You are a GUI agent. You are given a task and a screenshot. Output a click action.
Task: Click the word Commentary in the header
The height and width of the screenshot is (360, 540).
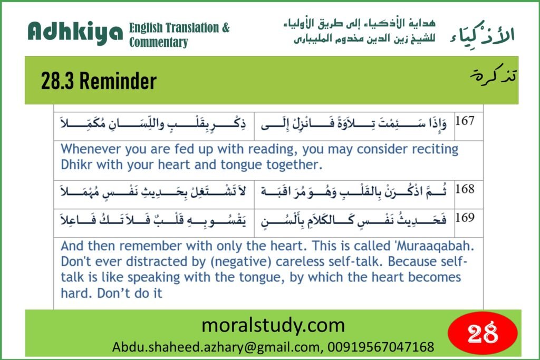pos(158,42)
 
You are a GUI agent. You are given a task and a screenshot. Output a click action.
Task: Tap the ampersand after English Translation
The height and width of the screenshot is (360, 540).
pos(226,27)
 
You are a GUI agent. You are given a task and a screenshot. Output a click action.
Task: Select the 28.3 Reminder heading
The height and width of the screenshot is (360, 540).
pos(99,81)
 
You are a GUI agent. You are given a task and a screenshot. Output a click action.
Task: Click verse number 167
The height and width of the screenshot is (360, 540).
pos(465,121)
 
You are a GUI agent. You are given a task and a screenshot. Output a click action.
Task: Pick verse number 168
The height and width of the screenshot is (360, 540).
pos(465,189)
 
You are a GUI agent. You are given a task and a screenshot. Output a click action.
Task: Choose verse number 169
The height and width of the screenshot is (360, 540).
pos(465,218)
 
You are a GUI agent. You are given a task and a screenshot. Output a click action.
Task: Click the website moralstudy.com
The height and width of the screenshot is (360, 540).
pos(273,325)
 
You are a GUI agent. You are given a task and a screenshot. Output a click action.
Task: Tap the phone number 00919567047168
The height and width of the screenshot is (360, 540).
pos(381,347)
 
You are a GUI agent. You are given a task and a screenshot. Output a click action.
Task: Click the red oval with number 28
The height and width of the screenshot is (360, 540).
pos(483,333)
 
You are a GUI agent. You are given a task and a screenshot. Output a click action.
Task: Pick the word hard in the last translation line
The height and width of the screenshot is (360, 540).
pos(77,293)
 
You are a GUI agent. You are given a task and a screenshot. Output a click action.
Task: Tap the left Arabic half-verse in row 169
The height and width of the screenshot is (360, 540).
pos(153,220)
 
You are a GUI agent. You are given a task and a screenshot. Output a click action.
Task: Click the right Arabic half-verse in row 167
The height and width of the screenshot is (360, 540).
pos(354,123)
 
